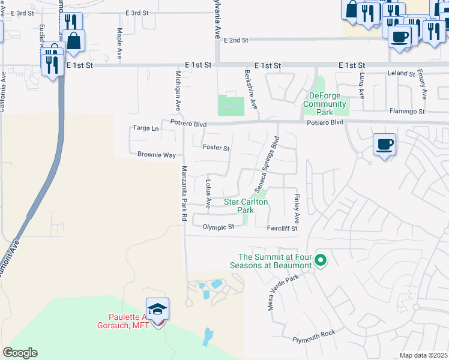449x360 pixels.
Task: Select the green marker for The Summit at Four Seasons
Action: tap(321, 260)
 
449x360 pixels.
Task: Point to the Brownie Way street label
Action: tap(156, 155)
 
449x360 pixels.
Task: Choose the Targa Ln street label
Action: tap(146, 128)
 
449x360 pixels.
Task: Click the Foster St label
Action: tap(216, 148)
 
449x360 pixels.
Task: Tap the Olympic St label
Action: tap(218, 227)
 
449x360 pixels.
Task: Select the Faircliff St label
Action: tap(282, 228)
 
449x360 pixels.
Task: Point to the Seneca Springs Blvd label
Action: tap(268, 163)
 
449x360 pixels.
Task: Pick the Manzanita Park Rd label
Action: tap(184, 194)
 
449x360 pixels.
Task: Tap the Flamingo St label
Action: tap(407, 112)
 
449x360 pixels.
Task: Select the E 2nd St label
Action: tap(235, 40)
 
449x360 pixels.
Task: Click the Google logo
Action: tap(20, 353)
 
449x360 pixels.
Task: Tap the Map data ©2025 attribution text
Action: tap(423, 355)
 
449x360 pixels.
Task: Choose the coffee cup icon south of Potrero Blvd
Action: tap(384, 145)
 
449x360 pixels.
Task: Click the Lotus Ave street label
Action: tap(208, 194)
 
